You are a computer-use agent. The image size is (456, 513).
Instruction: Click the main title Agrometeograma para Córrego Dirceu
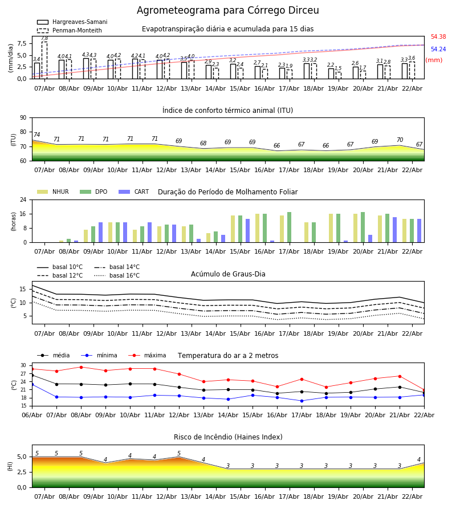tap(228, 11)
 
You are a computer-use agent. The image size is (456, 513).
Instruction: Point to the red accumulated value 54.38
tap(438, 37)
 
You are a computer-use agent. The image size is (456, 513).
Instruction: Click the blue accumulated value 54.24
tap(438, 50)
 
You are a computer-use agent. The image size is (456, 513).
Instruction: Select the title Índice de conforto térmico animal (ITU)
tap(227, 111)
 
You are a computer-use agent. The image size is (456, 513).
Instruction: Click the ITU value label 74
tap(36, 135)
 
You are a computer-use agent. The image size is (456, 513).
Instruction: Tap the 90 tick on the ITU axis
tap(23, 117)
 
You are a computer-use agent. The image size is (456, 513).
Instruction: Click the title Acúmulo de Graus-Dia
tap(228, 274)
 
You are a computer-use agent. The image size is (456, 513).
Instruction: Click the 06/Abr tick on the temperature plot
tap(32, 414)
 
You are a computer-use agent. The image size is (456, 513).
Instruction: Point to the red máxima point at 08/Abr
tap(81, 367)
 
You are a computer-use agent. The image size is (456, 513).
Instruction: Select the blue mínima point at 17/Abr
tap(302, 401)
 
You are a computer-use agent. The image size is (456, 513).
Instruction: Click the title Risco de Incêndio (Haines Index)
tap(228, 437)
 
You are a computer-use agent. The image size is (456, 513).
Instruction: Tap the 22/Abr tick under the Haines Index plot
tap(412, 496)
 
